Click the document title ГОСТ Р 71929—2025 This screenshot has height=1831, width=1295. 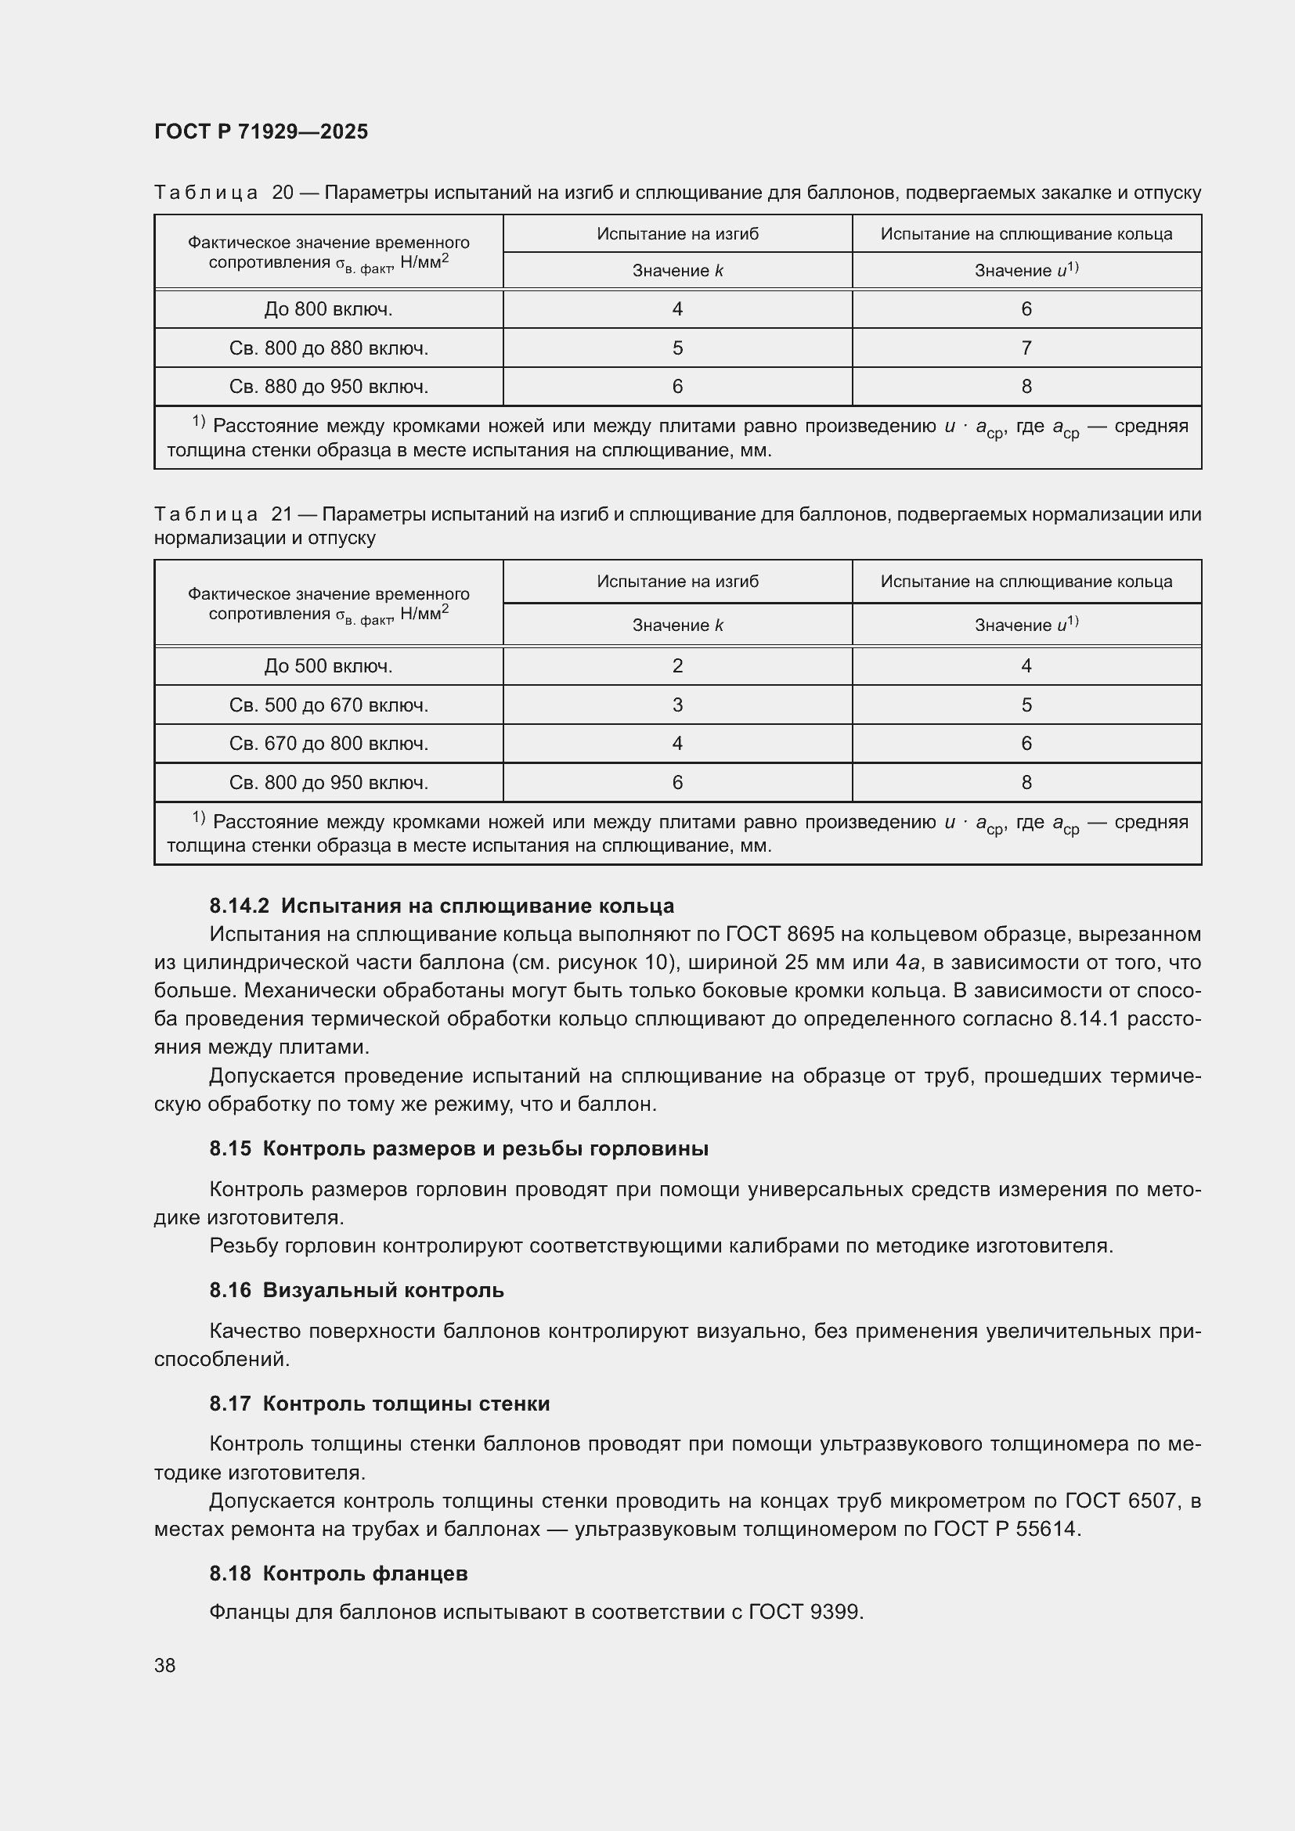pyautogui.click(x=261, y=132)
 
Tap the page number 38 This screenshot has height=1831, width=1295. pyautogui.click(x=165, y=1665)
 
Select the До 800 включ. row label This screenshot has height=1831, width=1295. pyautogui.click(x=329, y=309)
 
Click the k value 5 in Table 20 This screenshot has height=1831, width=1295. pyautogui.click(x=677, y=348)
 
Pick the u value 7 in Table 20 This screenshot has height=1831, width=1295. pyautogui.click(x=1026, y=348)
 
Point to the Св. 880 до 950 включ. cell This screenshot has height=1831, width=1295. pyautogui.click(x=329, y=387)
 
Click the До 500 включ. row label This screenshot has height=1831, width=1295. pyautogui.click(x=329, y=666)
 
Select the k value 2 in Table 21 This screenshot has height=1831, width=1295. pyautogui.click(x=677, y=666)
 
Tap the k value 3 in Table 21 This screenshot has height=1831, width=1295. pyautogui.click(x=677, y=705)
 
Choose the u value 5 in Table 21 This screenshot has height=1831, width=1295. pyautogui.click(x=1026, y=705)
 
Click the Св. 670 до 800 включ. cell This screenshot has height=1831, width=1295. pyautogui.click(x=329, y=744)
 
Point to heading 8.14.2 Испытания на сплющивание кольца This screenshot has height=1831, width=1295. pyautogui.click(x=441, y=906)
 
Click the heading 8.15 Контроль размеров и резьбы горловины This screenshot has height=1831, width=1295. pyautogui.click(x=459, y=1149)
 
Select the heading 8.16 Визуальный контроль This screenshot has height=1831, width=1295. pyautogui.click(x=356, y=1290)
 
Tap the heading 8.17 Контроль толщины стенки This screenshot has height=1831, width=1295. pyautogui.click(x=380, y=1404)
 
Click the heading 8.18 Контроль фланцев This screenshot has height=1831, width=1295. pyautogui.click(x=338, y=1573)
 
